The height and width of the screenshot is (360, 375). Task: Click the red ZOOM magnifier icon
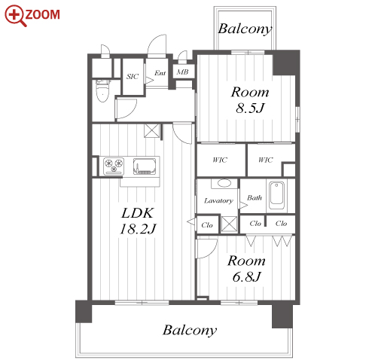[16, 16]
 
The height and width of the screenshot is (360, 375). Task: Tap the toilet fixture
[102, 90]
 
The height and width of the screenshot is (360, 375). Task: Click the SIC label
[133, 76]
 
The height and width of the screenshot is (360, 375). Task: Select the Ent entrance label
[160, 73]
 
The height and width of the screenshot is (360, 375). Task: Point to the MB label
[182, 72]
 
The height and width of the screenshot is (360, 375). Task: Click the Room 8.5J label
[250, 100]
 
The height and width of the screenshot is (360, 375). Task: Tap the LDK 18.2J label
[138, 221]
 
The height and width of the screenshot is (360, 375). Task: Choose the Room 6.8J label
[246, 269]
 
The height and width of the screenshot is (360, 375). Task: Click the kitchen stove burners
[114, 166]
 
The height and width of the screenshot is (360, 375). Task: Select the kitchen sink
[145, 166]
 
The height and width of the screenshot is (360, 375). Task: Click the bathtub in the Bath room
[276, 195]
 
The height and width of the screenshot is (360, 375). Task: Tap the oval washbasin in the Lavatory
[224, 183]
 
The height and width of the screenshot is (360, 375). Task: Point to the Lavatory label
[218, 200]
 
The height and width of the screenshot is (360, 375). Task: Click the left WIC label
[220, 160]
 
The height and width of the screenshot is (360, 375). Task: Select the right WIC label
[266, 160]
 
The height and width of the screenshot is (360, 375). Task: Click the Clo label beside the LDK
[207, 225]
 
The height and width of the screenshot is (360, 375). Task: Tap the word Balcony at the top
[245, 29]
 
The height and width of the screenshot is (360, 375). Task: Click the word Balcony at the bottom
[190, 330]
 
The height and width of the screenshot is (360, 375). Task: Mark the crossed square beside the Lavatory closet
[229, 224]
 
